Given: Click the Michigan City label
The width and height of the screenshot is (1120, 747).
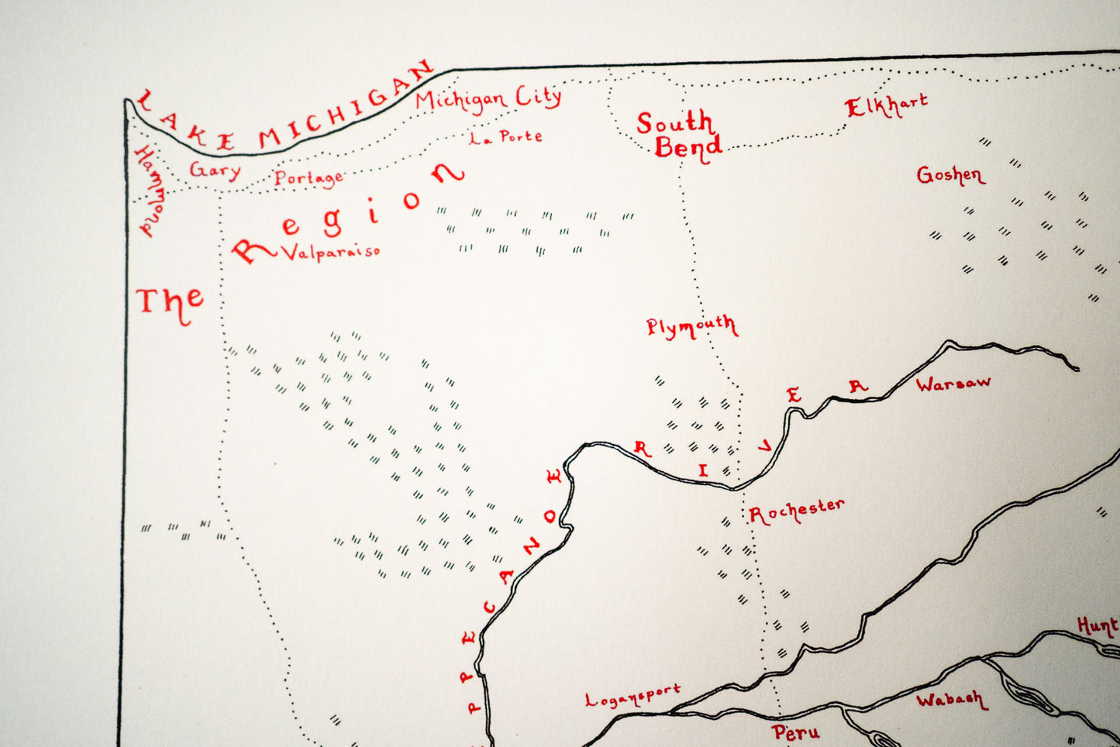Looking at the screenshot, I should [x=488, y=99].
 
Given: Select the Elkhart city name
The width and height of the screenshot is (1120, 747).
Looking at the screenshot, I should [x=886, y=105].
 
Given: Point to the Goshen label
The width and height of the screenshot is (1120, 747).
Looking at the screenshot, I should [x=950, y=175].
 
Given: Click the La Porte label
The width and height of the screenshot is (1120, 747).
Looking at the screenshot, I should [x=505, y=137].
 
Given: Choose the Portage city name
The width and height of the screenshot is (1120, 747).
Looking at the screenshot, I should [x=308, y=178].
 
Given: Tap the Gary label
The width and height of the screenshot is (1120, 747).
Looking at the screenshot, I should [x=215, y=170].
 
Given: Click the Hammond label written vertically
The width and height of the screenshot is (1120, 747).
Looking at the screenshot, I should [x=149, y=191].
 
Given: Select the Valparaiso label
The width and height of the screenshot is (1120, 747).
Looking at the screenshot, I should [x=330, y=252].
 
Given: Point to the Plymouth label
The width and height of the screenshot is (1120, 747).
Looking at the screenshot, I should [x=691, y=326].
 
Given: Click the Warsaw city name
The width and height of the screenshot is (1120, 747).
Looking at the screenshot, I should [x=953, y=383].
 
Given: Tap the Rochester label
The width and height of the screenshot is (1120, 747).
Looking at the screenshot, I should [x=797, y=511].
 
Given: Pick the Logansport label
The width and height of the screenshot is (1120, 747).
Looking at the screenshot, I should [x=632, y=695].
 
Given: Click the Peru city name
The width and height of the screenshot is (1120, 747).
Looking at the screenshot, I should [x=795, y=732].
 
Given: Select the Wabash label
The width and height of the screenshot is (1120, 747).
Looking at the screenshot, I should [x=951, y=700].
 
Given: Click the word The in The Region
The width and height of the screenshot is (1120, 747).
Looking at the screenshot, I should [x=170, y=302].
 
